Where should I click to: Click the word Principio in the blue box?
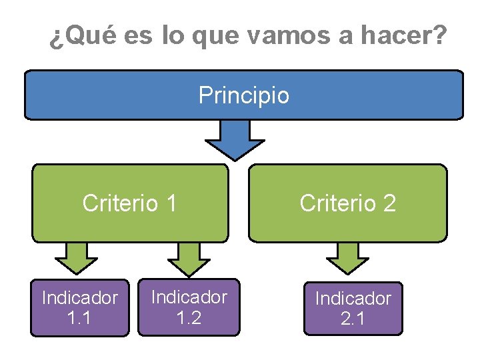tap(244, 95)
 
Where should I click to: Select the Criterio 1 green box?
tap(130, 203)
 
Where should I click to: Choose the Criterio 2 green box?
tap(347, 203)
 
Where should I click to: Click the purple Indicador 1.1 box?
tap(80, 307)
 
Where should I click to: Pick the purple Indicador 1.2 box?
tap(189, 306)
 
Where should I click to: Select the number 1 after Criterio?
tap(171, 203)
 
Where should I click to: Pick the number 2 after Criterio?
tap(388, 203)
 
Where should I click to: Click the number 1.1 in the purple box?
tap(80, 317)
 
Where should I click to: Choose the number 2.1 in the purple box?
tap(353, 319)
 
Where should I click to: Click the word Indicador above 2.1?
tap(353, 298)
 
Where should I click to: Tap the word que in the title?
tap(216, 37)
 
